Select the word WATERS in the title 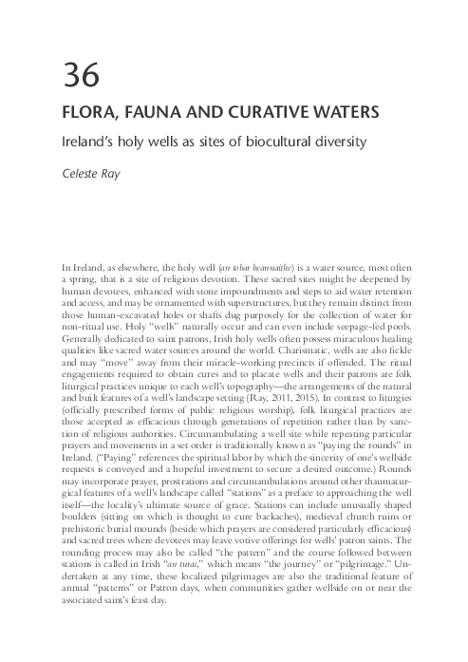[x=344, y=113]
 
